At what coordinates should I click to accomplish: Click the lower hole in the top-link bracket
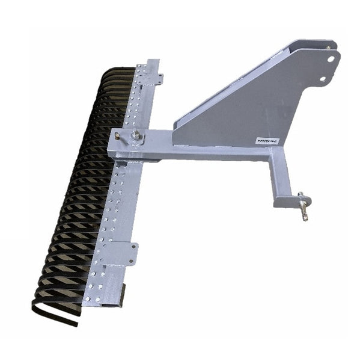click(323, 78)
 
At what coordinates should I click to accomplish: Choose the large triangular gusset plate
click(240, 120)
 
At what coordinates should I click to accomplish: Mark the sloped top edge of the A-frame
click(240, 81)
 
